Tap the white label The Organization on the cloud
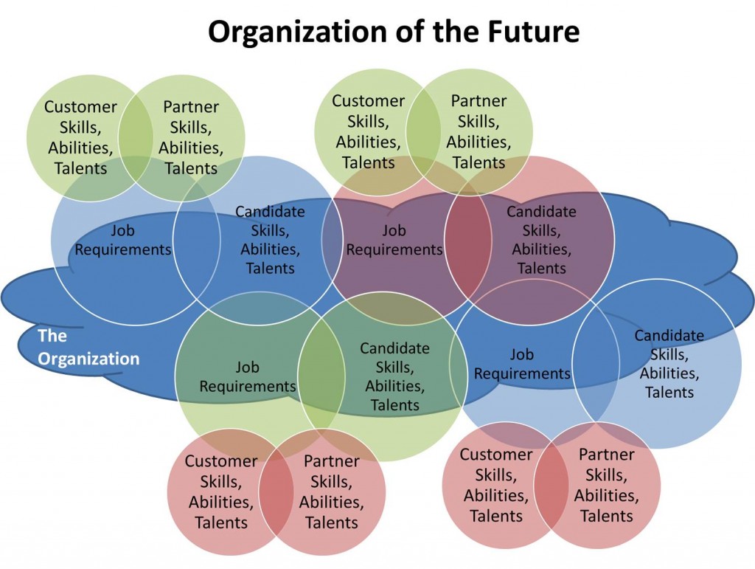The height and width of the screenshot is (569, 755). pyautogui.click(x=88, y=348)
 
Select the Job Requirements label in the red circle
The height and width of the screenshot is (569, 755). pyautogui.click(x=394, y=240)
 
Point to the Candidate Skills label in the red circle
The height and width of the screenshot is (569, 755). pyautogui.click(x=541, y=240)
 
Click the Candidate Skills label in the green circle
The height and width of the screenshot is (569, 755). pyautogui.click(x=394, y=376)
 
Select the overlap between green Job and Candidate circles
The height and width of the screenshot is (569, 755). pyautogui.click(x=321, y=376)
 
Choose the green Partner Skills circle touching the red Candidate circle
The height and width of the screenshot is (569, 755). pyautogui.click(x=479, y=131)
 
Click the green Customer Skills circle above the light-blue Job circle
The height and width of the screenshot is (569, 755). pyautogui.click(x=80, y=137)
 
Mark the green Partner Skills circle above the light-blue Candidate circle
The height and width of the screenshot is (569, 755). pyautogui.click(x=191, y=137)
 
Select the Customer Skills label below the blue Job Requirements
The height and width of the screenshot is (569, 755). pyautogui.click(x=495, y=485)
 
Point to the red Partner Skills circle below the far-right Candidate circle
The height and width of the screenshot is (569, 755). pyautogui.click(x=607, y=485)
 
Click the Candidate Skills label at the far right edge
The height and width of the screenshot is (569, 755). pyautogui.click(x=669, y=364)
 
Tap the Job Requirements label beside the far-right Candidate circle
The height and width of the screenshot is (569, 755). pyautogui.click(x=522, y=364)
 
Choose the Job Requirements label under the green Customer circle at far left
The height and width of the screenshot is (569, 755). pyautogui.click(x=123, y=240)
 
